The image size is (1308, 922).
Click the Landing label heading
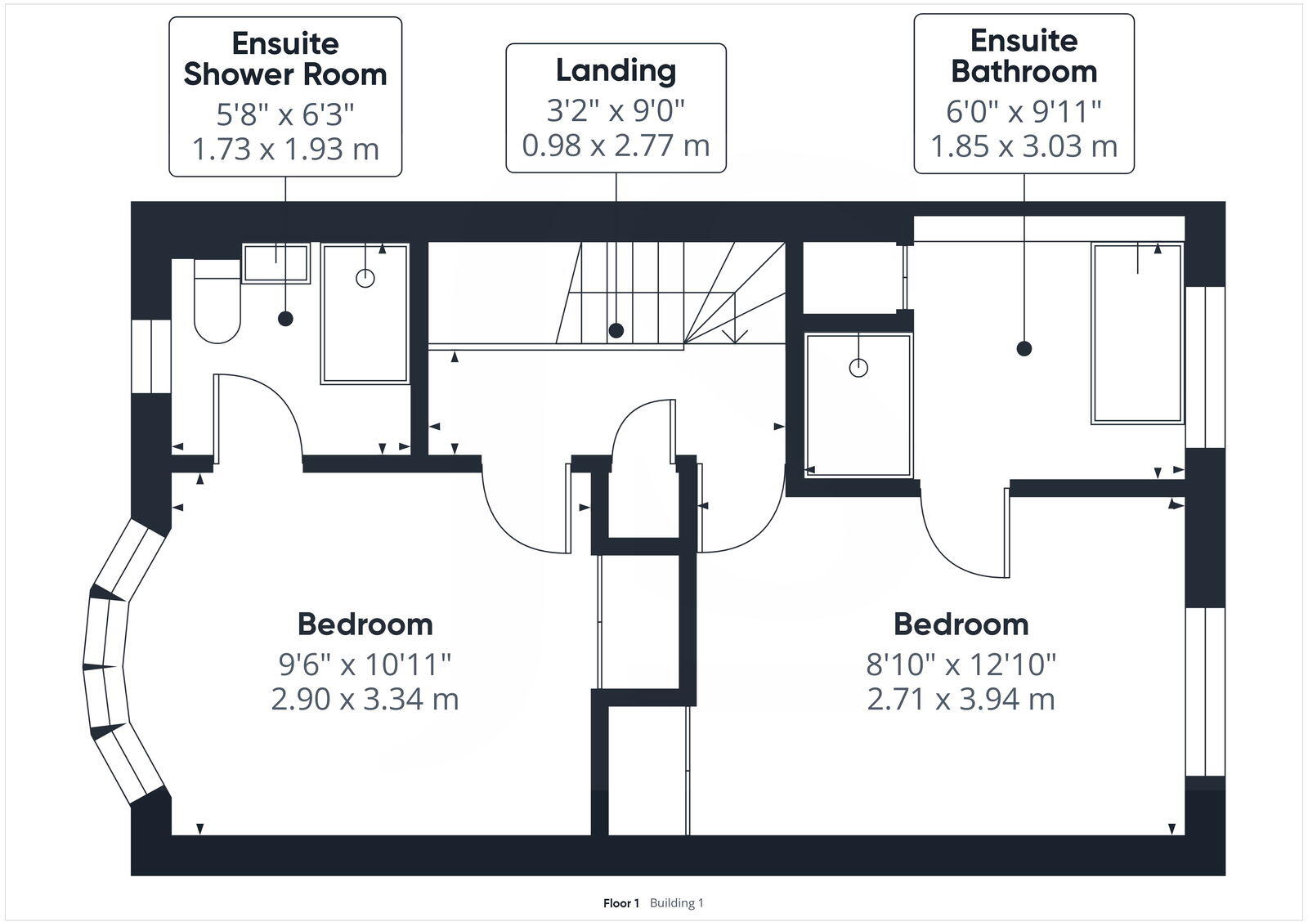point(616,70)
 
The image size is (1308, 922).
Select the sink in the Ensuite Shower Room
point(276,262)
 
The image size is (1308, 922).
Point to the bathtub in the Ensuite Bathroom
point(1137,333)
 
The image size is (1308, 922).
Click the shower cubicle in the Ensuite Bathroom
point(858,405)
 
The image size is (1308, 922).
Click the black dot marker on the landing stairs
point(616,330)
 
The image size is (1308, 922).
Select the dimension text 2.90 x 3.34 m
point(365,700)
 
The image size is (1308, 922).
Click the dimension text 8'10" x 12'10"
point(961,665)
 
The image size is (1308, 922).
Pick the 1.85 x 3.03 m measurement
point(1024,146)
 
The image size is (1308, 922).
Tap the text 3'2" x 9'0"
point(616,109)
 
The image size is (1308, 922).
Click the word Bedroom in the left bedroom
point(365,624)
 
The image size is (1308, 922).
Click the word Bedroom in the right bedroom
point(961,624)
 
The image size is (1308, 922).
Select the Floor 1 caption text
point(620,903)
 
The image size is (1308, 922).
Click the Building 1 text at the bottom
point(677,903)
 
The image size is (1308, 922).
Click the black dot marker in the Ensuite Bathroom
point(1024,348)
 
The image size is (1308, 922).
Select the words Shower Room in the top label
point(284,74)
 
